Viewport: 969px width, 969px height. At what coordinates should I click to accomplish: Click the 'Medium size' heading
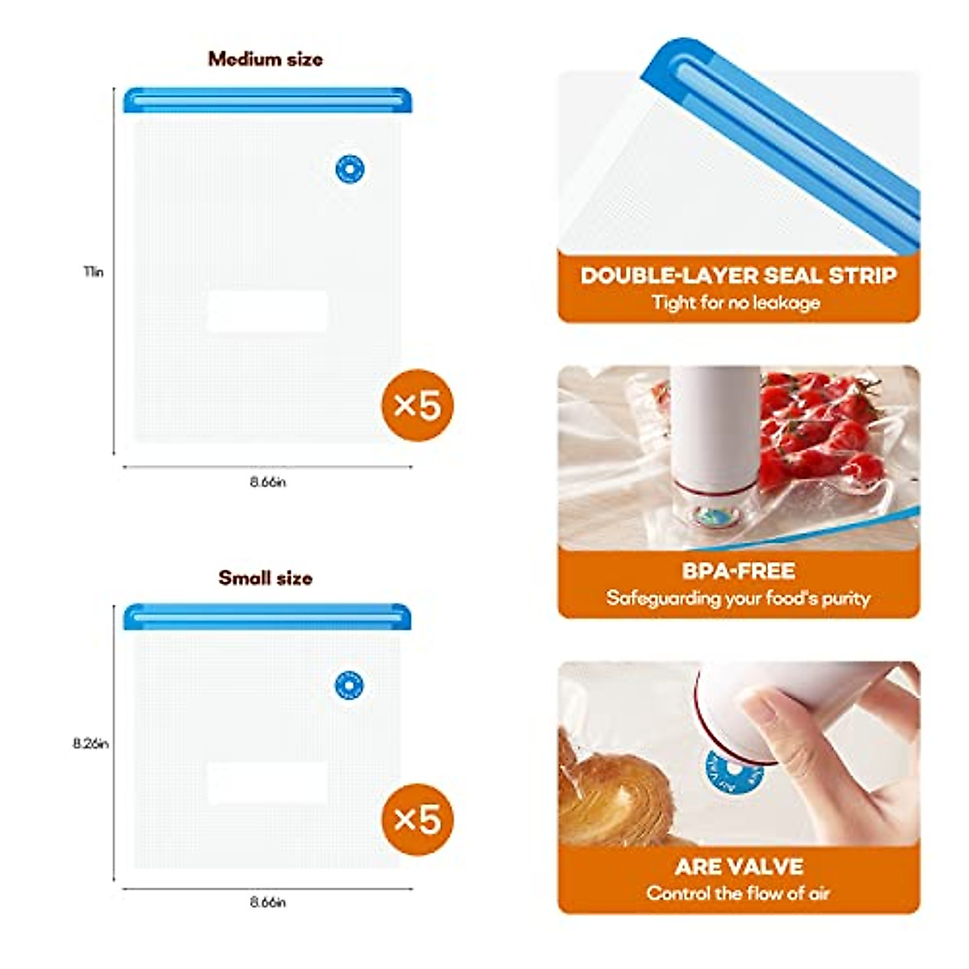point(265,59)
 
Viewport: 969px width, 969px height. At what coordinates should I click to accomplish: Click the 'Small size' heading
point(265,578)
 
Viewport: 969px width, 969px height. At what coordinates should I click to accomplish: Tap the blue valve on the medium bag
point(350,170)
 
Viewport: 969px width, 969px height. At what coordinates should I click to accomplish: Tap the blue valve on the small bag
point(349,686)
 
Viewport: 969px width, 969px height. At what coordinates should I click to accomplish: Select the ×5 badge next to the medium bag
point(417,405)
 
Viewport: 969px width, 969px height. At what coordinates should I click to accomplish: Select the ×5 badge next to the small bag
point(417,820)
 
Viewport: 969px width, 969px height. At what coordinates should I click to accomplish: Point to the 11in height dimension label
point(94,272)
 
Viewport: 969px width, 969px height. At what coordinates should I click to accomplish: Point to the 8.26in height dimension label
point(90,744)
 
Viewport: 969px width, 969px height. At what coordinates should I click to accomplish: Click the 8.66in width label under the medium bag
point(267,482)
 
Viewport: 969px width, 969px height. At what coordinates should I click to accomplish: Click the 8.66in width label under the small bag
point(267,902)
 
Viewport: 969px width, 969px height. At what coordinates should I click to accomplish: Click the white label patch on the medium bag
point(267,311)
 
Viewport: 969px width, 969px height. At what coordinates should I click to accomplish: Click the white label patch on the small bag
point(267,782)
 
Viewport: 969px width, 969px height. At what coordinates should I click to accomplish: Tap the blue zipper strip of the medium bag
point(267,100)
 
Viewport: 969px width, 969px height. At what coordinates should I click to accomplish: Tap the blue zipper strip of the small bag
point(267,617)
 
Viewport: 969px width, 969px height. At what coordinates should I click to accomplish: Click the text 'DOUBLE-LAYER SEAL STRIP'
point(738,275)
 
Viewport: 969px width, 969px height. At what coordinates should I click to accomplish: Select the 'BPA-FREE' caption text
point(738,571)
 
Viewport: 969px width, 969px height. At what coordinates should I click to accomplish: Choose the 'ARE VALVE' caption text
point(738,866)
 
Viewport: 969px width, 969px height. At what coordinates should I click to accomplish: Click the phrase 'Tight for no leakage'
point(736,303)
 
